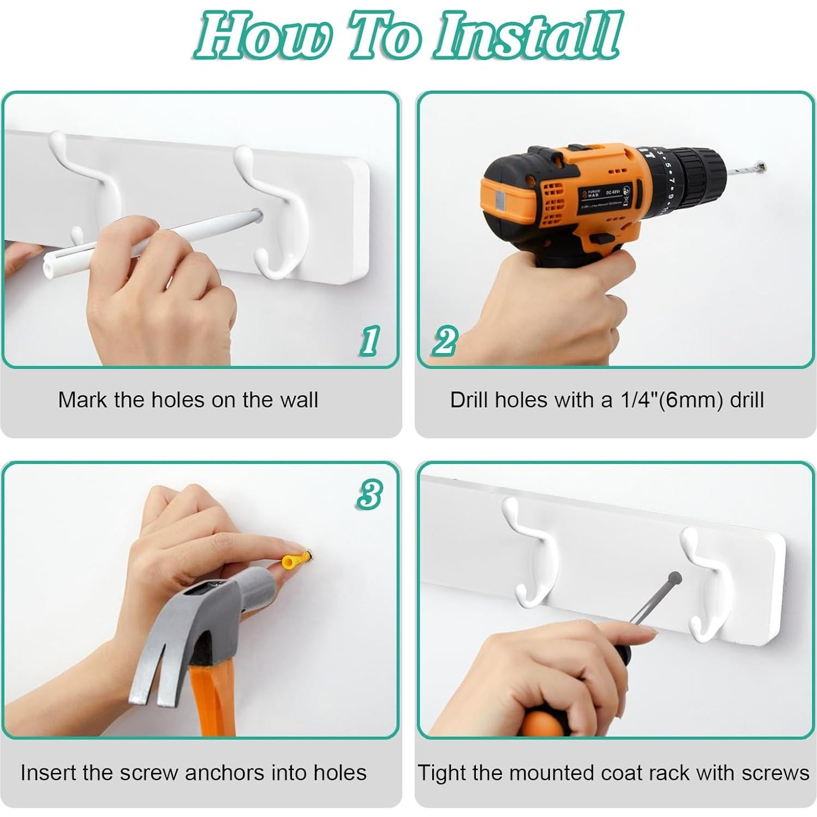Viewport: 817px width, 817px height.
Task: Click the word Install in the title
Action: [x=527, y=35]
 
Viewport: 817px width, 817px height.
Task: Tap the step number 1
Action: [x=370, y=341]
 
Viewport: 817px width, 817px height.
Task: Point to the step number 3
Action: [x=369, y=495]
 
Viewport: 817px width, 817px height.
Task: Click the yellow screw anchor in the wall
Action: [x=295, y=560]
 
